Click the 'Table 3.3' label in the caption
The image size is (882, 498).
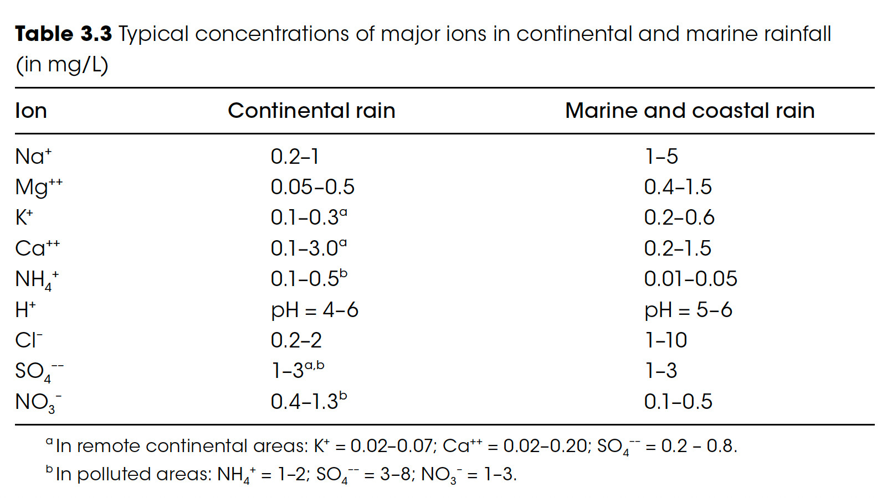63,34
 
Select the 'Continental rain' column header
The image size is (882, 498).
311,111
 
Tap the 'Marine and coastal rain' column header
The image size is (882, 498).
690,111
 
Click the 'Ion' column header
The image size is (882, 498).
31,111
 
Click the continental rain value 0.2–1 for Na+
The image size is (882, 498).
295,157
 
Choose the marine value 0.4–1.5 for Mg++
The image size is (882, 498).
678,187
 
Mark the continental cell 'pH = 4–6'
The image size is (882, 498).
314,310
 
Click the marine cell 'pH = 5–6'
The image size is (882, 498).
688,310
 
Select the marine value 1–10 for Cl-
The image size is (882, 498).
666,340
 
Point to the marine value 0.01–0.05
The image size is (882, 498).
690,279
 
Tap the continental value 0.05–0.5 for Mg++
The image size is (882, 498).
312,187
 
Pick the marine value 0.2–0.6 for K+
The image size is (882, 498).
679,217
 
